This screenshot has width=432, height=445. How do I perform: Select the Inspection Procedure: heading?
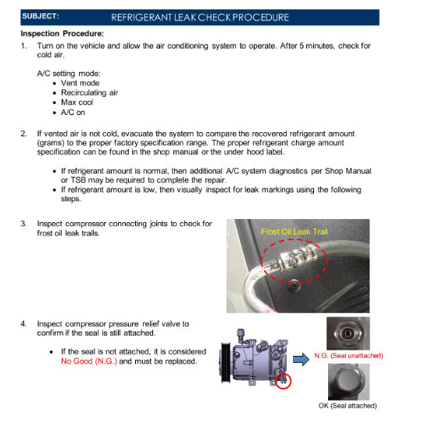tap(62, 34)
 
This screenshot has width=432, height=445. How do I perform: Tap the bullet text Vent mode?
tap(82, 82)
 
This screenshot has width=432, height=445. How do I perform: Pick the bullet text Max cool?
tap(80, 102)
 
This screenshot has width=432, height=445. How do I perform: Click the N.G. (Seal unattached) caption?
tap(348, 356)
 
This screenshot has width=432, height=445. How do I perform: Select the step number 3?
tap(23, 224)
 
